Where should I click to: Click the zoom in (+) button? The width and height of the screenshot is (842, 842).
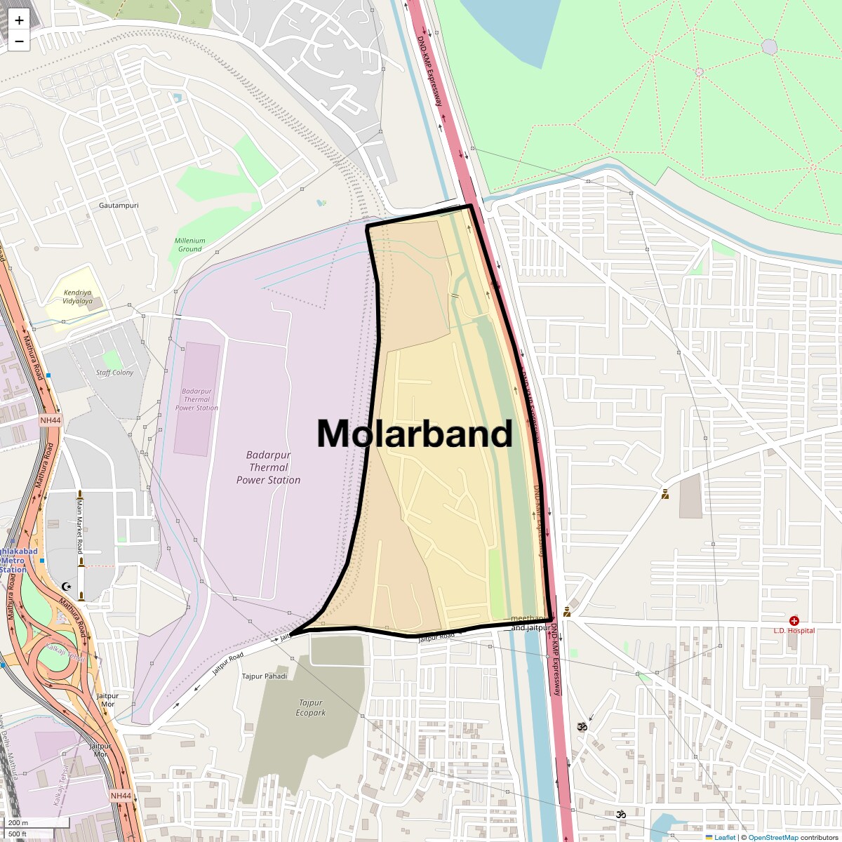click(19, 20)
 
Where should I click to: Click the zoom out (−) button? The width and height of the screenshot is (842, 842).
click(19, 41)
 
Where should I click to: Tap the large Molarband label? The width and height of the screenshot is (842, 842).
click(415, 434)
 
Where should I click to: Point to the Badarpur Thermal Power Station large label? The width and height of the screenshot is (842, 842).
click(268, 467)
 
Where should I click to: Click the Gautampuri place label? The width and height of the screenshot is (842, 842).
click(119, 206)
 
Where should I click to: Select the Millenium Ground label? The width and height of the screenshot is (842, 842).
click(189, 244)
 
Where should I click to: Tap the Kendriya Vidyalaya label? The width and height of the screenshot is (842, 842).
click(77, 297)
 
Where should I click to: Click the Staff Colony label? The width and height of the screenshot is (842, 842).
click(114, 373)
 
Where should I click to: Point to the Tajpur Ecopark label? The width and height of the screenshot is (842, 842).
click(311, 707)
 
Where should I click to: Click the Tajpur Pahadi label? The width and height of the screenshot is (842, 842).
click(265, 676)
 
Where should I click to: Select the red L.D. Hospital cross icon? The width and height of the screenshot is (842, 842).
click(794, 621)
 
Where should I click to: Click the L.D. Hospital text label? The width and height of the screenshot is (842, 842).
click(794, 631)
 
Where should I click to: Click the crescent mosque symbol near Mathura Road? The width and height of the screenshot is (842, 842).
click(67, 586)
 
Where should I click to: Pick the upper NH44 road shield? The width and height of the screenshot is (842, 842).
click(51, 420)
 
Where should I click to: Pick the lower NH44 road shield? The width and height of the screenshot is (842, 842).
click(121, 796)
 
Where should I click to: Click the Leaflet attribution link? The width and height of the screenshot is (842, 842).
click(725, 837)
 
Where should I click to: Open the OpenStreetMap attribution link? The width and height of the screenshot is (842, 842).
click(773, 837)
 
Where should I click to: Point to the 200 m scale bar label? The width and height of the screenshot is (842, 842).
click(18, 822)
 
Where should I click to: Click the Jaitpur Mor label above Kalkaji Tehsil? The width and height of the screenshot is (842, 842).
click(107, 700)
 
